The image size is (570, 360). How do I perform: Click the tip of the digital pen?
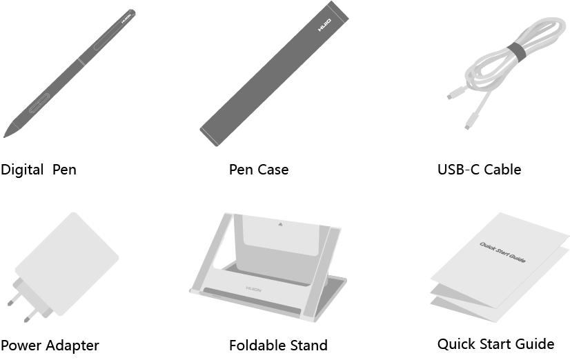pos(4,137)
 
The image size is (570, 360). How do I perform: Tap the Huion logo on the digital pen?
pos(126,19)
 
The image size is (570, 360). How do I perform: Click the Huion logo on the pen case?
pos(324,25)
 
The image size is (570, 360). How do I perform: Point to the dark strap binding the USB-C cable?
pos(516,52)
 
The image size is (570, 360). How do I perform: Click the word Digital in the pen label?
pos(22,170)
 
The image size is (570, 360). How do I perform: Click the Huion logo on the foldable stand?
pos(253,289)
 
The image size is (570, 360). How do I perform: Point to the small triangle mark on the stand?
pos(280,225)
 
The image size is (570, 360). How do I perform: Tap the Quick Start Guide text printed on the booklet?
pos(502,252)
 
